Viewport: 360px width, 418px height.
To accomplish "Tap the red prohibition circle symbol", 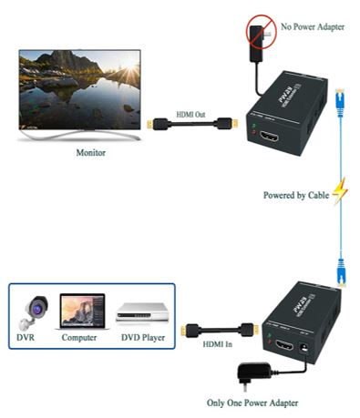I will tap(259, 36).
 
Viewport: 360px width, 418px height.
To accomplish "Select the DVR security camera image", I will tap(33, 312).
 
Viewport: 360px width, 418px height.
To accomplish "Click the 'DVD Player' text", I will tap(142, 339).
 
